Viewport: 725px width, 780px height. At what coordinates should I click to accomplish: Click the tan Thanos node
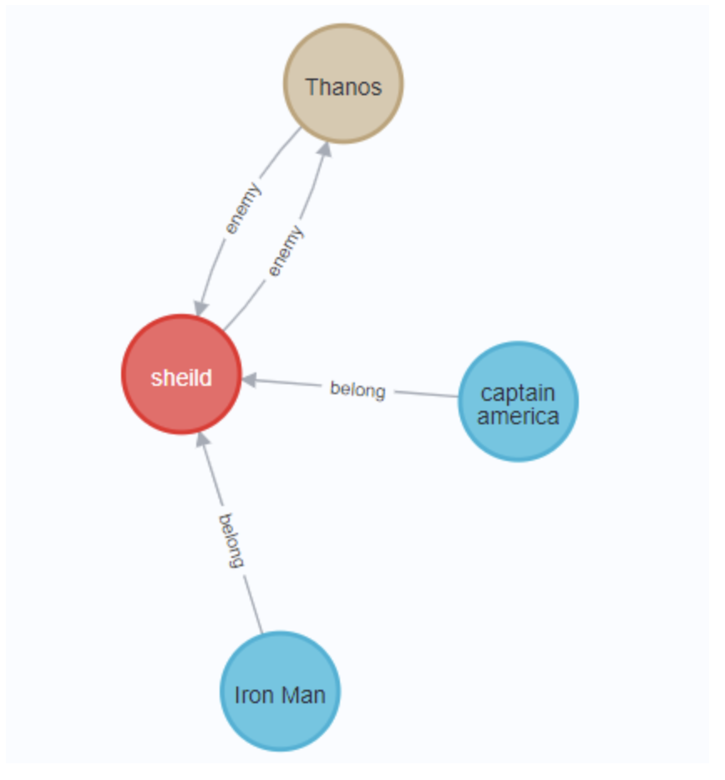[x=343, y=84]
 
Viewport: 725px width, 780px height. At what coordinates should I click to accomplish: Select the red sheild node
[x=181, y=374]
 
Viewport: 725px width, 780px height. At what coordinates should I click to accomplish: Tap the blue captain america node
[x=518, y=402]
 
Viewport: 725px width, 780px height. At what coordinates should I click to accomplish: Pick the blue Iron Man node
[x=280, y=691]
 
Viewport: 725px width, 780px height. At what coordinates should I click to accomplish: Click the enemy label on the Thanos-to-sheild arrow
[x=242, y=207]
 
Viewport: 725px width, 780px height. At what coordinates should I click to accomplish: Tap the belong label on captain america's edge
[x=357, y=389]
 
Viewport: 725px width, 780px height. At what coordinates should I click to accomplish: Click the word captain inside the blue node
[x=518, y=393]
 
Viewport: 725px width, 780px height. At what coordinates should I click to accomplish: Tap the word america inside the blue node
[x=518, y=415]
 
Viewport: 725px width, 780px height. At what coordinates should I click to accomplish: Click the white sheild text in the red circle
[x=181, y=377]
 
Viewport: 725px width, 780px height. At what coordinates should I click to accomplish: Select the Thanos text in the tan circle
[x=343, y=87]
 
